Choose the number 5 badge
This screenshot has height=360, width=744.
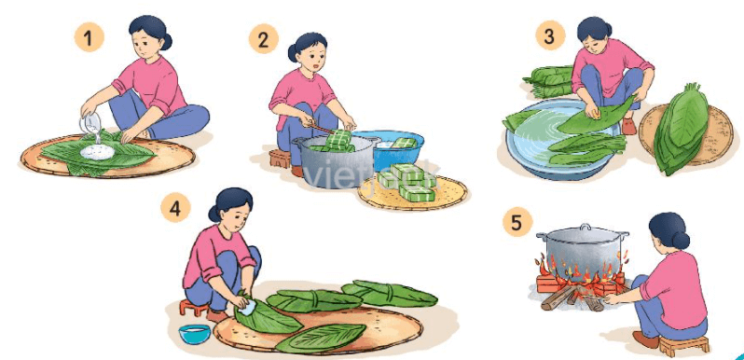click(516, 223)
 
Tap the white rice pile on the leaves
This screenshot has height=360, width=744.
click(95, 148)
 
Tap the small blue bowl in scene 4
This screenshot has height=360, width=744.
click(195, 333)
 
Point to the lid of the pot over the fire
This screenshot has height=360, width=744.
click(582, 231)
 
